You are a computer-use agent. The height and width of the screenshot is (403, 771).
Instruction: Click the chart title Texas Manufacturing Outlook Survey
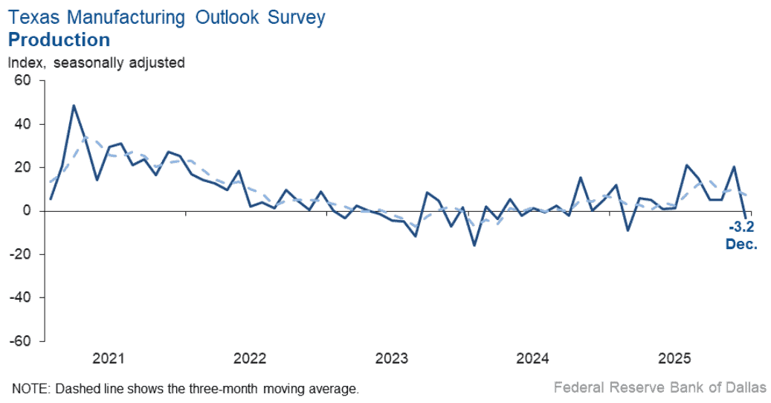point(167,18)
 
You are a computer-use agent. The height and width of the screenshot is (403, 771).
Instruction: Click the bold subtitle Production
point(59,39)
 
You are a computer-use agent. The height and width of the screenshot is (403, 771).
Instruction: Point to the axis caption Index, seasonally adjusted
point(96,63)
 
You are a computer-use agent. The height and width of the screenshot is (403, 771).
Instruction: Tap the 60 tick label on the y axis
point(25,80)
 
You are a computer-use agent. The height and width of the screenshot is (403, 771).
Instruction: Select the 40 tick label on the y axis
point(25,124)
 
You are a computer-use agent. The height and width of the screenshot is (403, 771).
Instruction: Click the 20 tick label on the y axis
point(25,167)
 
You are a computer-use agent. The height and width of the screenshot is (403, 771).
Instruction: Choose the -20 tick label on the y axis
point(23,254)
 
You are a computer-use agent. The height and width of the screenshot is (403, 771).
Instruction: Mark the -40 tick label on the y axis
point(23,297)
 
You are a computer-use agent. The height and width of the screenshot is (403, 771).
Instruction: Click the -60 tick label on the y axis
point(23,341)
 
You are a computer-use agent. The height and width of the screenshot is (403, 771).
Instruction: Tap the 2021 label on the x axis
point(109,359)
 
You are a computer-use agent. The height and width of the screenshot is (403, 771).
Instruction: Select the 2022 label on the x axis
point(250,359)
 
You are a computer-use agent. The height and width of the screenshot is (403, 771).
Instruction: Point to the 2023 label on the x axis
point(391,359)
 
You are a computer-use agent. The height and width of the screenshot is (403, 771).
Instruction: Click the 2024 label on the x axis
point(532,359)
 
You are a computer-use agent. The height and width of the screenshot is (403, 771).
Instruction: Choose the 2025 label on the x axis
point(674,359)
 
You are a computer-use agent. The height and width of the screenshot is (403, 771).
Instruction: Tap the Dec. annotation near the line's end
point(741,243)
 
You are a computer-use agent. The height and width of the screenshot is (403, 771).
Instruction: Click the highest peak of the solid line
point(74,106)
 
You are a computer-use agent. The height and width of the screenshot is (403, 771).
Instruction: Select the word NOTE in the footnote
point(28,388)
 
